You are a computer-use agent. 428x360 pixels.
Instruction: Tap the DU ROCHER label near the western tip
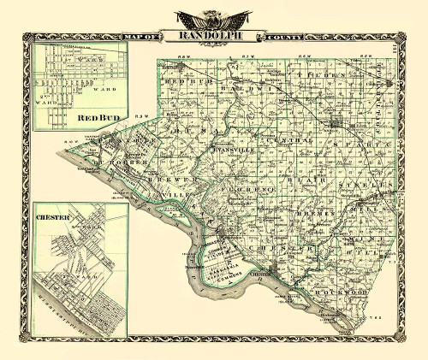pos(113,161)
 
